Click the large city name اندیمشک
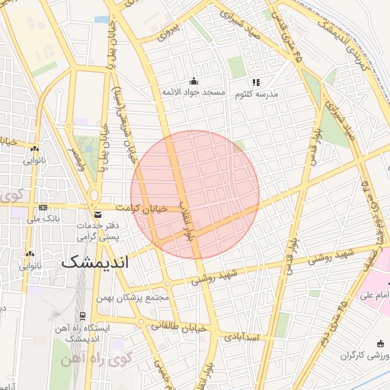tap(95, 261)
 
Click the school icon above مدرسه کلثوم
tap(256, 82)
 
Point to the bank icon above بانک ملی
tap(43, 207)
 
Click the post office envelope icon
tap(96, 215)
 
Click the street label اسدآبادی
tap(241, 336)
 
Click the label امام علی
tap(376, 294)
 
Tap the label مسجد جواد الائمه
tap(193, 92)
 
